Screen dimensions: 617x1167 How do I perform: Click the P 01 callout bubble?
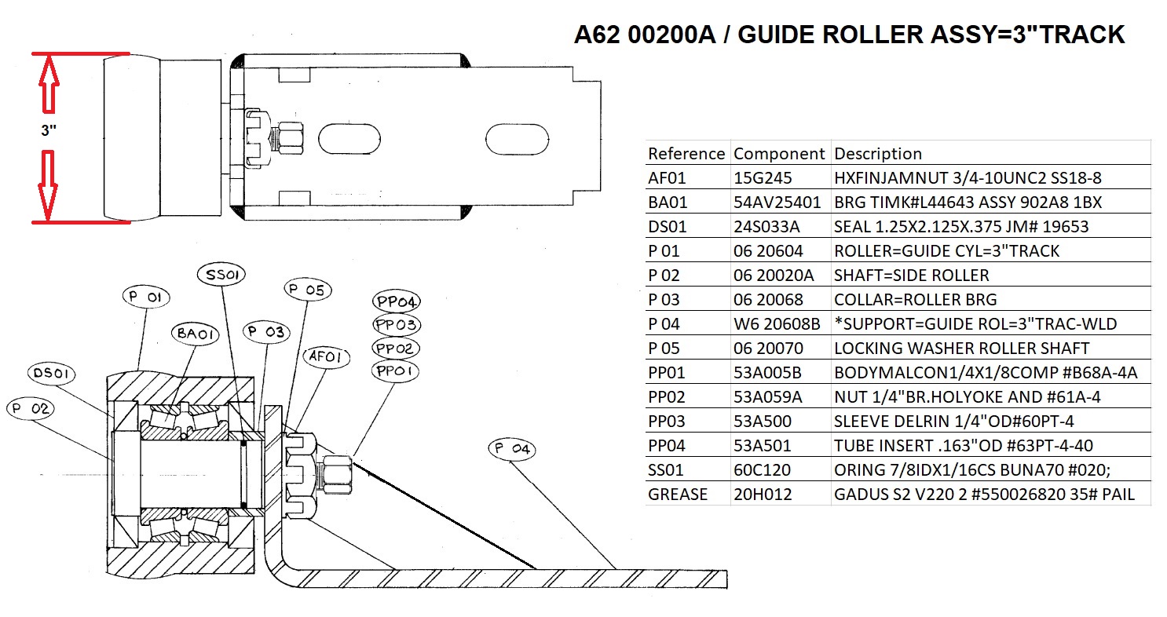[147, 298]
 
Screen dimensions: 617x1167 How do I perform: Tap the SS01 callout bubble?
[224, 275]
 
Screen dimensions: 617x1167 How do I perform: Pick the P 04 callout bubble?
[511, 450]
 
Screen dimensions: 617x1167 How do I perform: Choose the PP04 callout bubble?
[397, 301]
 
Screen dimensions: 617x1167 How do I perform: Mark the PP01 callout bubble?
[397, 370]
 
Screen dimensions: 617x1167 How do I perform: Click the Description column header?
[877, 153]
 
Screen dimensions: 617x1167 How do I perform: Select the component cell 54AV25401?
[777, 202]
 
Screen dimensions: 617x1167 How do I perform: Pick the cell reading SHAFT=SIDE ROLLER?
[911, 275]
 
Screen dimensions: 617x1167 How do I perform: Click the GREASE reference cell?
[678, 495]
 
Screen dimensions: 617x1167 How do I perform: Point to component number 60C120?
[762, 470]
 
